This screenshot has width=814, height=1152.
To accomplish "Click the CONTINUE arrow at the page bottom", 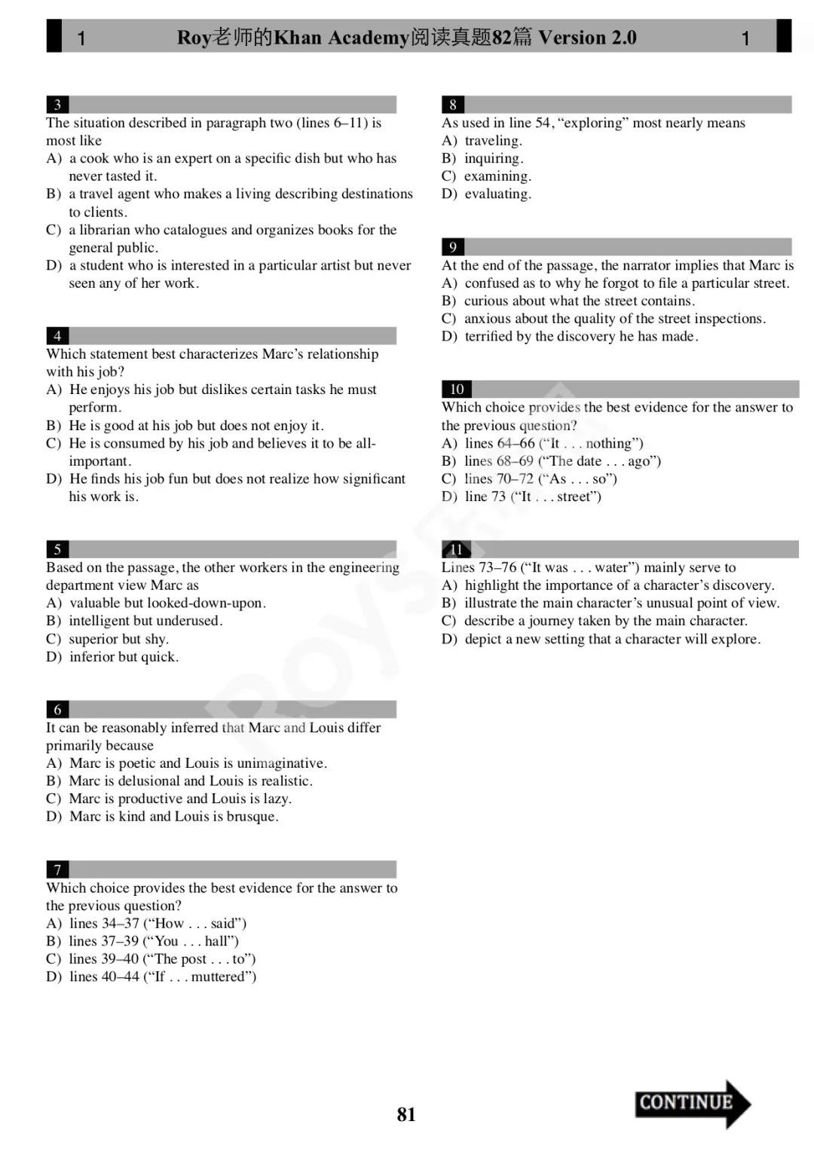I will (x=691, y=1103).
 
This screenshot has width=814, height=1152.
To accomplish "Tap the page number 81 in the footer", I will (x=406, y=1114).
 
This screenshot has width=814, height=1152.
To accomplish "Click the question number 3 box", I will (x=57, y=105).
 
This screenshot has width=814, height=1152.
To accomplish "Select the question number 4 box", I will (x=57, y=336).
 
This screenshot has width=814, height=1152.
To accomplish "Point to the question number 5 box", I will (x=57, y=549).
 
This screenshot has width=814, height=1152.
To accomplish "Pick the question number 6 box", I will (x=57, y=710).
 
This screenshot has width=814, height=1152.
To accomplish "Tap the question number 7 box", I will (x=57, y=870).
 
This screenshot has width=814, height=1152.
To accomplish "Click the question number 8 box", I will (x=453, y=105).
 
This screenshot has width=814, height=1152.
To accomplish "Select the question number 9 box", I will (x=453, y=247).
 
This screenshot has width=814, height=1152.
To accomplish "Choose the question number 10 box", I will (x=457, y=390).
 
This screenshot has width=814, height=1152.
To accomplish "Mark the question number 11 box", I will (x=457, y=549).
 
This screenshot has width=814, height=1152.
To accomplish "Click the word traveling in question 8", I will (x=493, y=141).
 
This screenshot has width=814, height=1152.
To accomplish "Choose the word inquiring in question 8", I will (x=494, y=158).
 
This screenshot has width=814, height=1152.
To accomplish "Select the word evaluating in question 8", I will (x=497, y=194).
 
